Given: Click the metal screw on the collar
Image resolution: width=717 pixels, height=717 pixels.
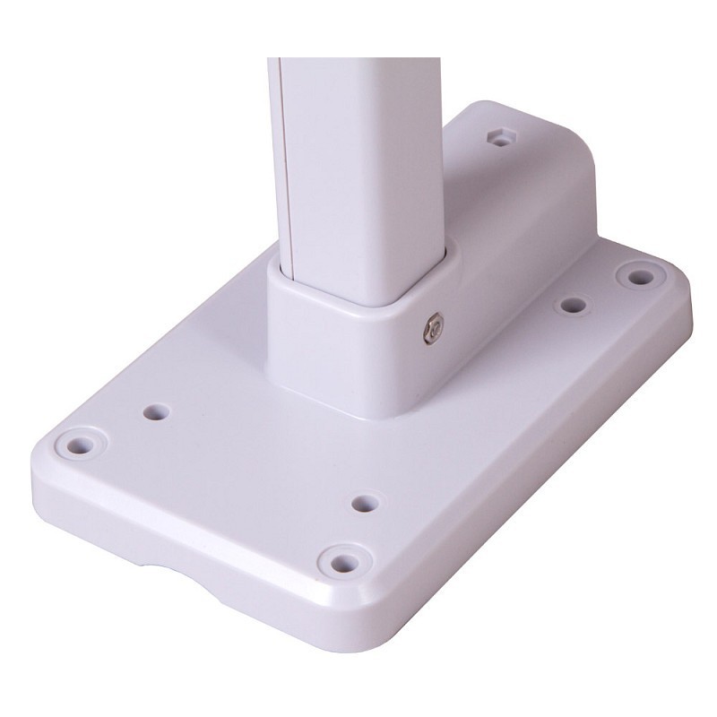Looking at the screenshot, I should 431,329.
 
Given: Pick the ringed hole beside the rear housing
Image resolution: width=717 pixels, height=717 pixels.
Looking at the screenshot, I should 638,276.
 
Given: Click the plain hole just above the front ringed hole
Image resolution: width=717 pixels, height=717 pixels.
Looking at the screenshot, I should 362,502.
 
